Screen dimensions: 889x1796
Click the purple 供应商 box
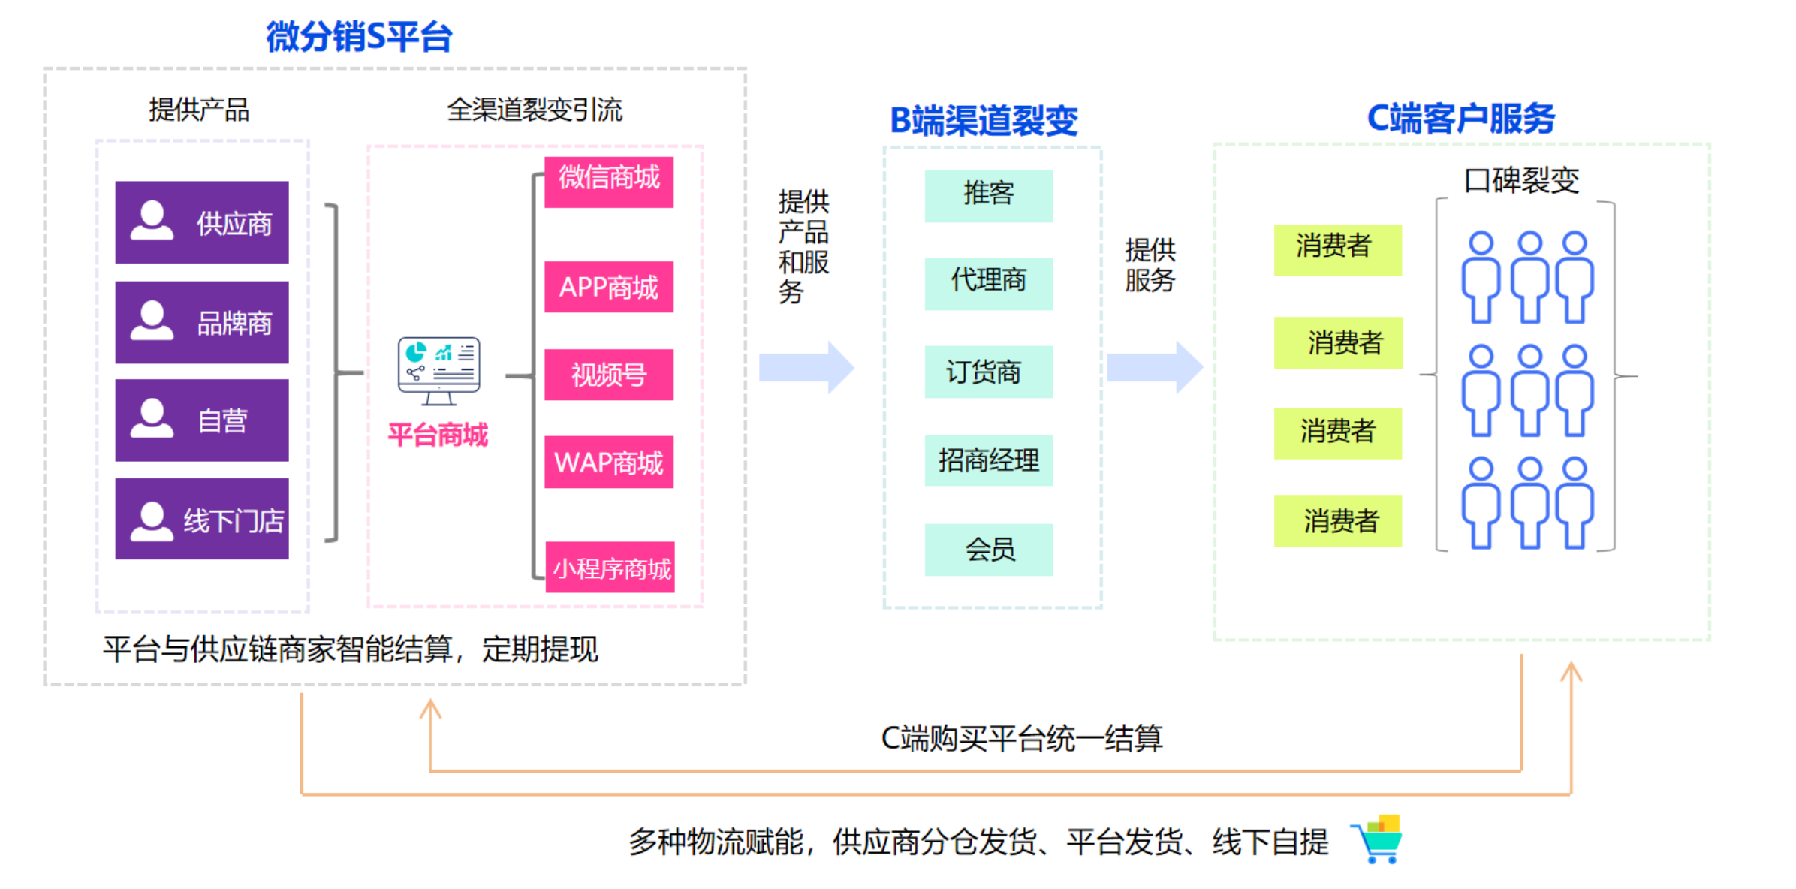point(201,222)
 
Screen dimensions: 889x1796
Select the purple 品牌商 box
point(201,322)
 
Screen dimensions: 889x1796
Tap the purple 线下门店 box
point(201,519)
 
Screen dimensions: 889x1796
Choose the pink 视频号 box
point(608,374)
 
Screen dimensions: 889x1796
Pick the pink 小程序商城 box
point(610,568)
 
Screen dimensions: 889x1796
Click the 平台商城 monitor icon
point(438,370)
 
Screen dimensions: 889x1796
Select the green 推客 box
point(988,195)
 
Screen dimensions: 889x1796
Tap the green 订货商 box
point(988,372)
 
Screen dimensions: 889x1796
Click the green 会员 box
point(988,550)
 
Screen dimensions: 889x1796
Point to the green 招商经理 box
point(988,460)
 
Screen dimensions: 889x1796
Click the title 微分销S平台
point(359,37)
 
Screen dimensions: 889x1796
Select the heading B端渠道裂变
point(984,120)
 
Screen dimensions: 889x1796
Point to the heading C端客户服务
point(1460,118)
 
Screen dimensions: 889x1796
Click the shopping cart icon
point(1378,839)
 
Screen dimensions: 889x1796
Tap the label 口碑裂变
point(1521,180)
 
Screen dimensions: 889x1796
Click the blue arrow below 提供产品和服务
point(806,367)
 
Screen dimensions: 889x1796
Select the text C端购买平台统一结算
point(1021,738)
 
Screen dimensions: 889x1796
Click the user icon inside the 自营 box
point(152,418)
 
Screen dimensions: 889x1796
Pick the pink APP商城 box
point(608,287)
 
